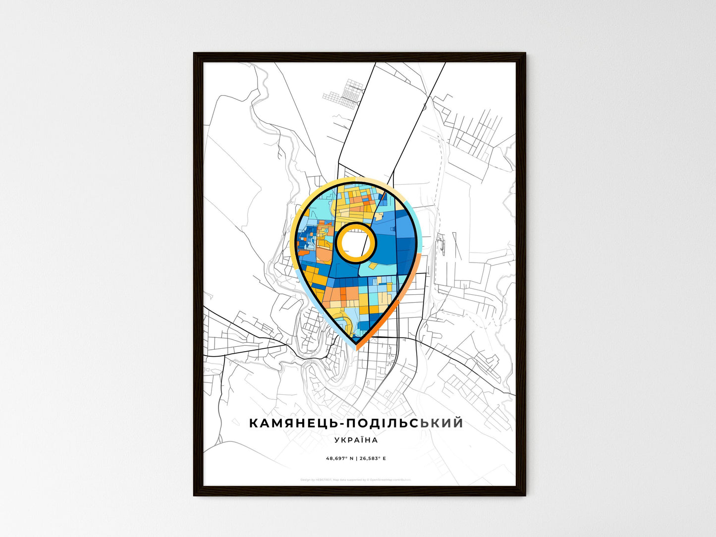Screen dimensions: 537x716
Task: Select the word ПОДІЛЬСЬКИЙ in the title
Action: [x=404, y=423]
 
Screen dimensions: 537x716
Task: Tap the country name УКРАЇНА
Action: [x=356, y=440]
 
